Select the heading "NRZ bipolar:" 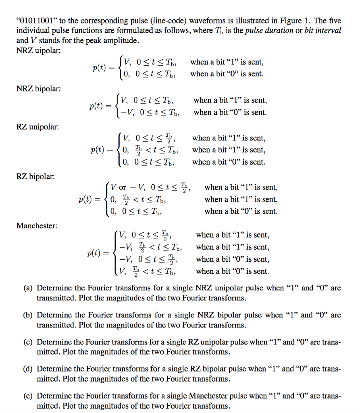pyautogui.click(x=39, y=89)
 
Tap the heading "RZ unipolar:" pyautogui.click(x=37, y=127)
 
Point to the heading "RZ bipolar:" pyautogui.click(x=36, y=176)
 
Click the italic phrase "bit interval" pyautogui.click(x=321, y=31)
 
